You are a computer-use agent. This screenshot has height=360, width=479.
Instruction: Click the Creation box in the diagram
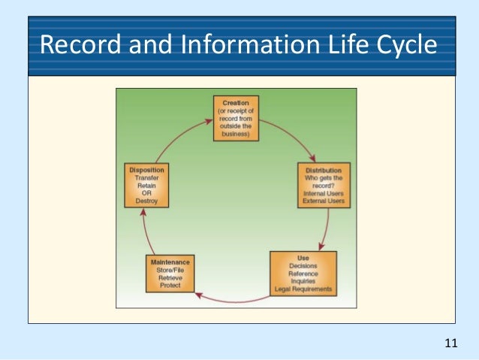point(235,119)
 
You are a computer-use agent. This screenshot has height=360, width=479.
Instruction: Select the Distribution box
point(324,184)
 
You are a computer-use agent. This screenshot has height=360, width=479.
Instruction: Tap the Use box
point(303,274)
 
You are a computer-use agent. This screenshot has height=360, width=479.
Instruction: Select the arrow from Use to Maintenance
point(233,300)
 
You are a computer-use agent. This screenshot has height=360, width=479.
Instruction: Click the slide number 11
point(450,343)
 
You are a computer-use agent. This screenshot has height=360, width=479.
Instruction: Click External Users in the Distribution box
point(324,201)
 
